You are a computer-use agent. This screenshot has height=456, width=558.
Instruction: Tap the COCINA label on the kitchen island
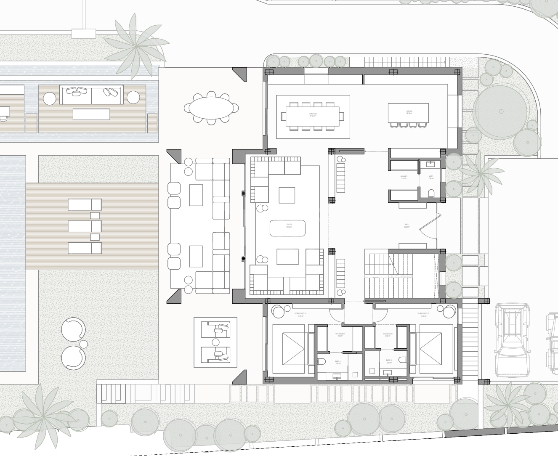pyautogui.click(x=409, y=112)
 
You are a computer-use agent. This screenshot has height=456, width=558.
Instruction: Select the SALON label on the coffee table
pyautogui.click(x=289, y=225)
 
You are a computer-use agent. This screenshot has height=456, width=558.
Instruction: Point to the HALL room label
pyautogui.click(x=407, y=226)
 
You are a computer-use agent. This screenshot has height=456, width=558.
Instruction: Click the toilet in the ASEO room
pyautogui.click(x=431, y=194)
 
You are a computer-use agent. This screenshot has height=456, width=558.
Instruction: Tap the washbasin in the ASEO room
pyautogui.click(x=431, y=163)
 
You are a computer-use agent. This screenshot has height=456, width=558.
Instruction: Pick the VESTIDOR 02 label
pyautogui.click(x=388, y=335)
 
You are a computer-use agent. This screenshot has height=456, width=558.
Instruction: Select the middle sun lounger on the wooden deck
pyautogui.click(x=85, y=226)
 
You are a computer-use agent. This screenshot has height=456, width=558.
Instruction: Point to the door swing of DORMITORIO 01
pyautogui.click(x=337, y=312)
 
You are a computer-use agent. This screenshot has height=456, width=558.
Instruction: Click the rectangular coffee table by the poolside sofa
pyautogui.click(x=91, y=114)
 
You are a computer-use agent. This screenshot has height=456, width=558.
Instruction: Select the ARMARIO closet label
pyautogui.click(x=404, y=178)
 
